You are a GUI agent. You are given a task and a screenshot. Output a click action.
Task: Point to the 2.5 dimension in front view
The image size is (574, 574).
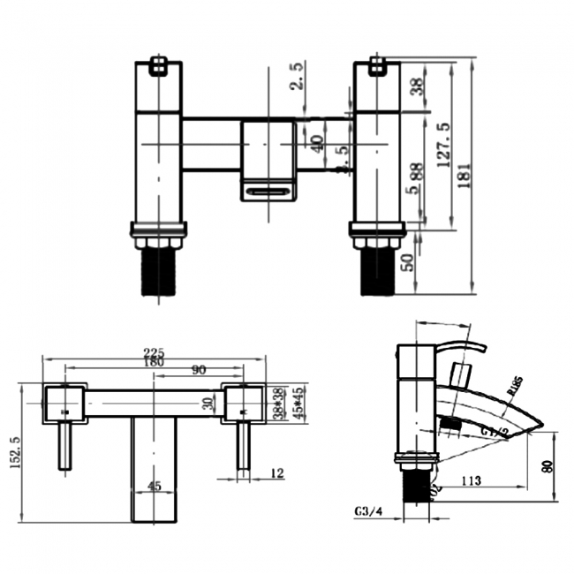299,77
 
